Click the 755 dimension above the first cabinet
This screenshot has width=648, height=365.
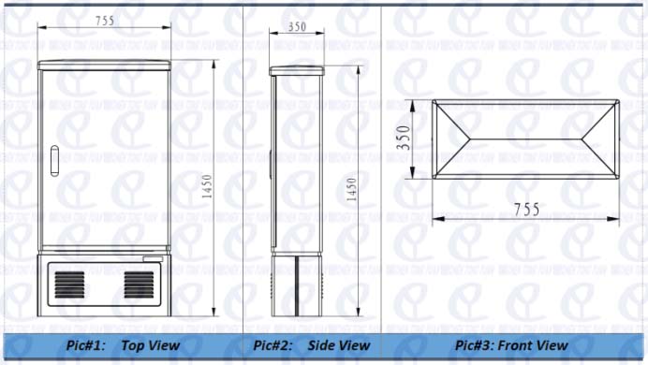(105, 19)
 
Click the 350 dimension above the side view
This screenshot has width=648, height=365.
(297, 28)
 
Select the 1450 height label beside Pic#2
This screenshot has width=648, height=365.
(352, 188)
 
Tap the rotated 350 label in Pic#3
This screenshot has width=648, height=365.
(404, 139)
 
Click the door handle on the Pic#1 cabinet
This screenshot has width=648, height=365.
(53, 160)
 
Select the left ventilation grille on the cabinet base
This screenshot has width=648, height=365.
(68, 284)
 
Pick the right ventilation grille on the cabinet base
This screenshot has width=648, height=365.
(140, 284)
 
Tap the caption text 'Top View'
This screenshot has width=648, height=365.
(150, 345)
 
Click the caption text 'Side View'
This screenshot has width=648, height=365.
(338, 345)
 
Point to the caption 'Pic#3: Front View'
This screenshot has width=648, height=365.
(511, 345)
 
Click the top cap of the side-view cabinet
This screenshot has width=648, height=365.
(297, 70)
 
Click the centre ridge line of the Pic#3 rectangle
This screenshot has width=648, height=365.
(527, 139)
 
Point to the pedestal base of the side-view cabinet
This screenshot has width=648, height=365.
(297, 285)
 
